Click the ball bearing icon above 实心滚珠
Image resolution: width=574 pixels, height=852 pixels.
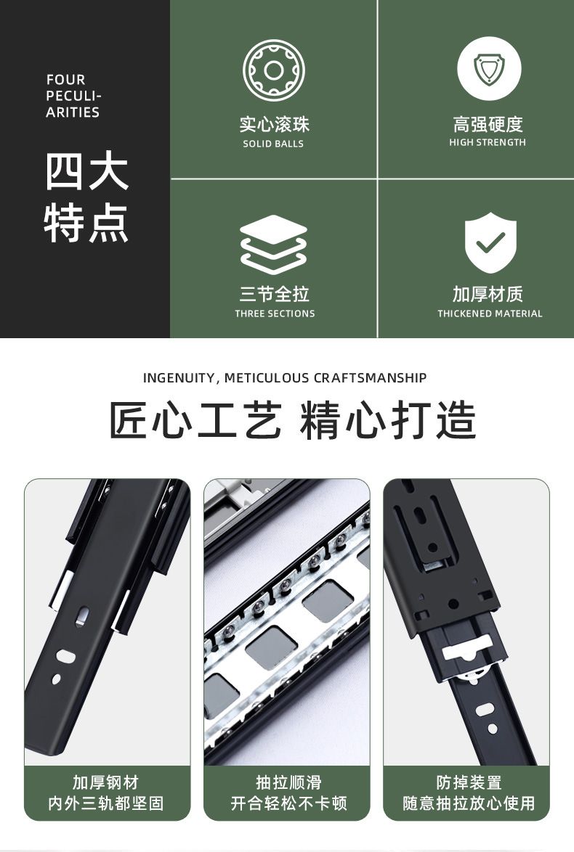coord(274,70)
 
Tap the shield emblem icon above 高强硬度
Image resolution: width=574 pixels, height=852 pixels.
coord(489,68)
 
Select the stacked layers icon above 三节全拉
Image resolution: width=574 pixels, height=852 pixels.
coord(274,244)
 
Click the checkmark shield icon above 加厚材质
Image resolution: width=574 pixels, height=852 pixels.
coord(490,242)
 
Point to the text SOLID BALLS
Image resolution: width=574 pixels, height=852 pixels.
coord(273,144)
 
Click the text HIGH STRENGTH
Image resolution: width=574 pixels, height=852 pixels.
coord(488,142)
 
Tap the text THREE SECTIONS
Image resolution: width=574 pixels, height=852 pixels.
coord(275,314)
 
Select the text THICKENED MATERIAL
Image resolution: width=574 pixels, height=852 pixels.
coord(490,314)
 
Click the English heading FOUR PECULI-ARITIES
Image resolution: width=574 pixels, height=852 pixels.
coord(73,97)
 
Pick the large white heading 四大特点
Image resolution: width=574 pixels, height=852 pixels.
coord(86,197)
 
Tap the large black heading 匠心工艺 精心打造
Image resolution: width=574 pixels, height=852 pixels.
coord(293,420)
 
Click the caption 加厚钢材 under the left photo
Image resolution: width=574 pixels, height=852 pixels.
coord(106,782)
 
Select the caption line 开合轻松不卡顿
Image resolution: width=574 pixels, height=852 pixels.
coord(288,803)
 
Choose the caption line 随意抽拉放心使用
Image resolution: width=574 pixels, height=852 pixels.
coord(469,803)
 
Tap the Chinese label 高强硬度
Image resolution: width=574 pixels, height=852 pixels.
coord(488,124)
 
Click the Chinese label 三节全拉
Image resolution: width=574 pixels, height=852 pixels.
coord(275,295)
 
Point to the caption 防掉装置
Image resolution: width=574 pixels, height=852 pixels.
coord(469,782)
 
